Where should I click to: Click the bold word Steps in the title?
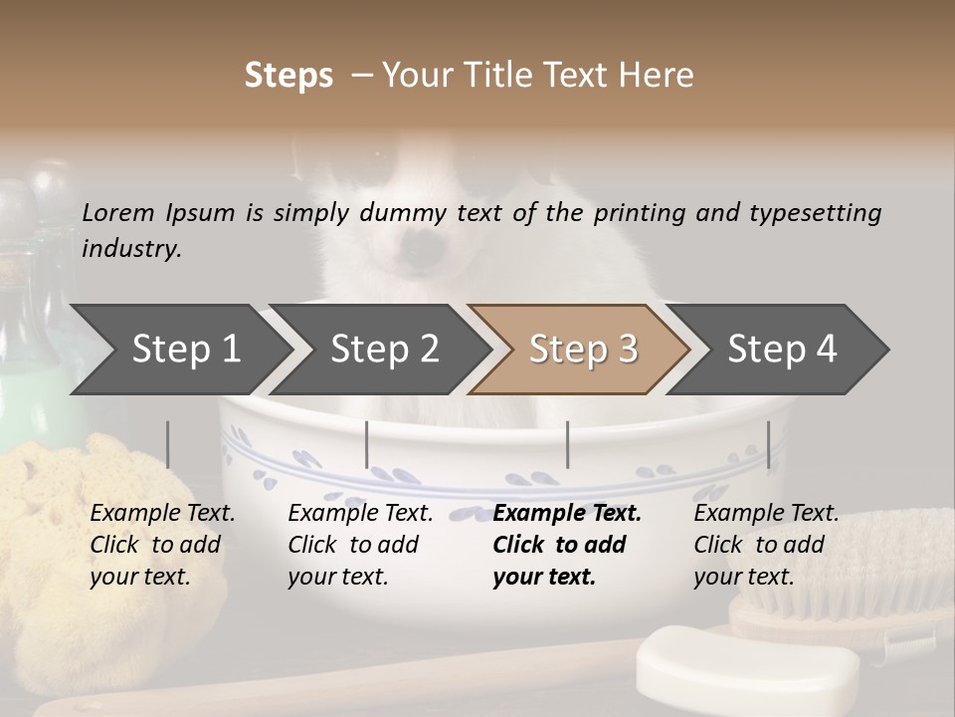click(x=288, y=76)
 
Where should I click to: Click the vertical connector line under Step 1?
click(x=168, y=444)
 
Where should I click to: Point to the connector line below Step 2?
click(x=367, y=444)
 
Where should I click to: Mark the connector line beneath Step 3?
click(x=568, y=444)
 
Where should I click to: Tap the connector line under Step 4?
click(x=768, y=444)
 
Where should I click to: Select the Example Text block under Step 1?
click(x=162, y=545)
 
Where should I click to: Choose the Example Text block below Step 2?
click(x=360, y=545)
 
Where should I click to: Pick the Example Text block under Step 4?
click(x=766, y=545)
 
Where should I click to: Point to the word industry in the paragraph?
click(x=131, y=249)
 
